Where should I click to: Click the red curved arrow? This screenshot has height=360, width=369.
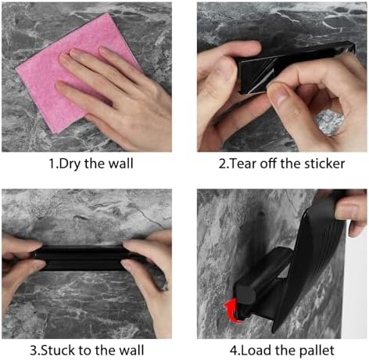[x=231, y=311]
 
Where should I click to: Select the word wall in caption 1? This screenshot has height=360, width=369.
[x=120, y=164]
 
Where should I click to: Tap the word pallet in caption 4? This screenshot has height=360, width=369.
[x=317, y=351]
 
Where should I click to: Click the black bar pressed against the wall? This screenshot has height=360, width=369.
[x=84, y=258]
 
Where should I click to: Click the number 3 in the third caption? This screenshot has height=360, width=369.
[x=34, y=350]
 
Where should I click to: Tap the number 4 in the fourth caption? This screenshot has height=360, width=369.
[x=234, y=351]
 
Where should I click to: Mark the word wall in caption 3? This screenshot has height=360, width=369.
[x=131, y=350]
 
